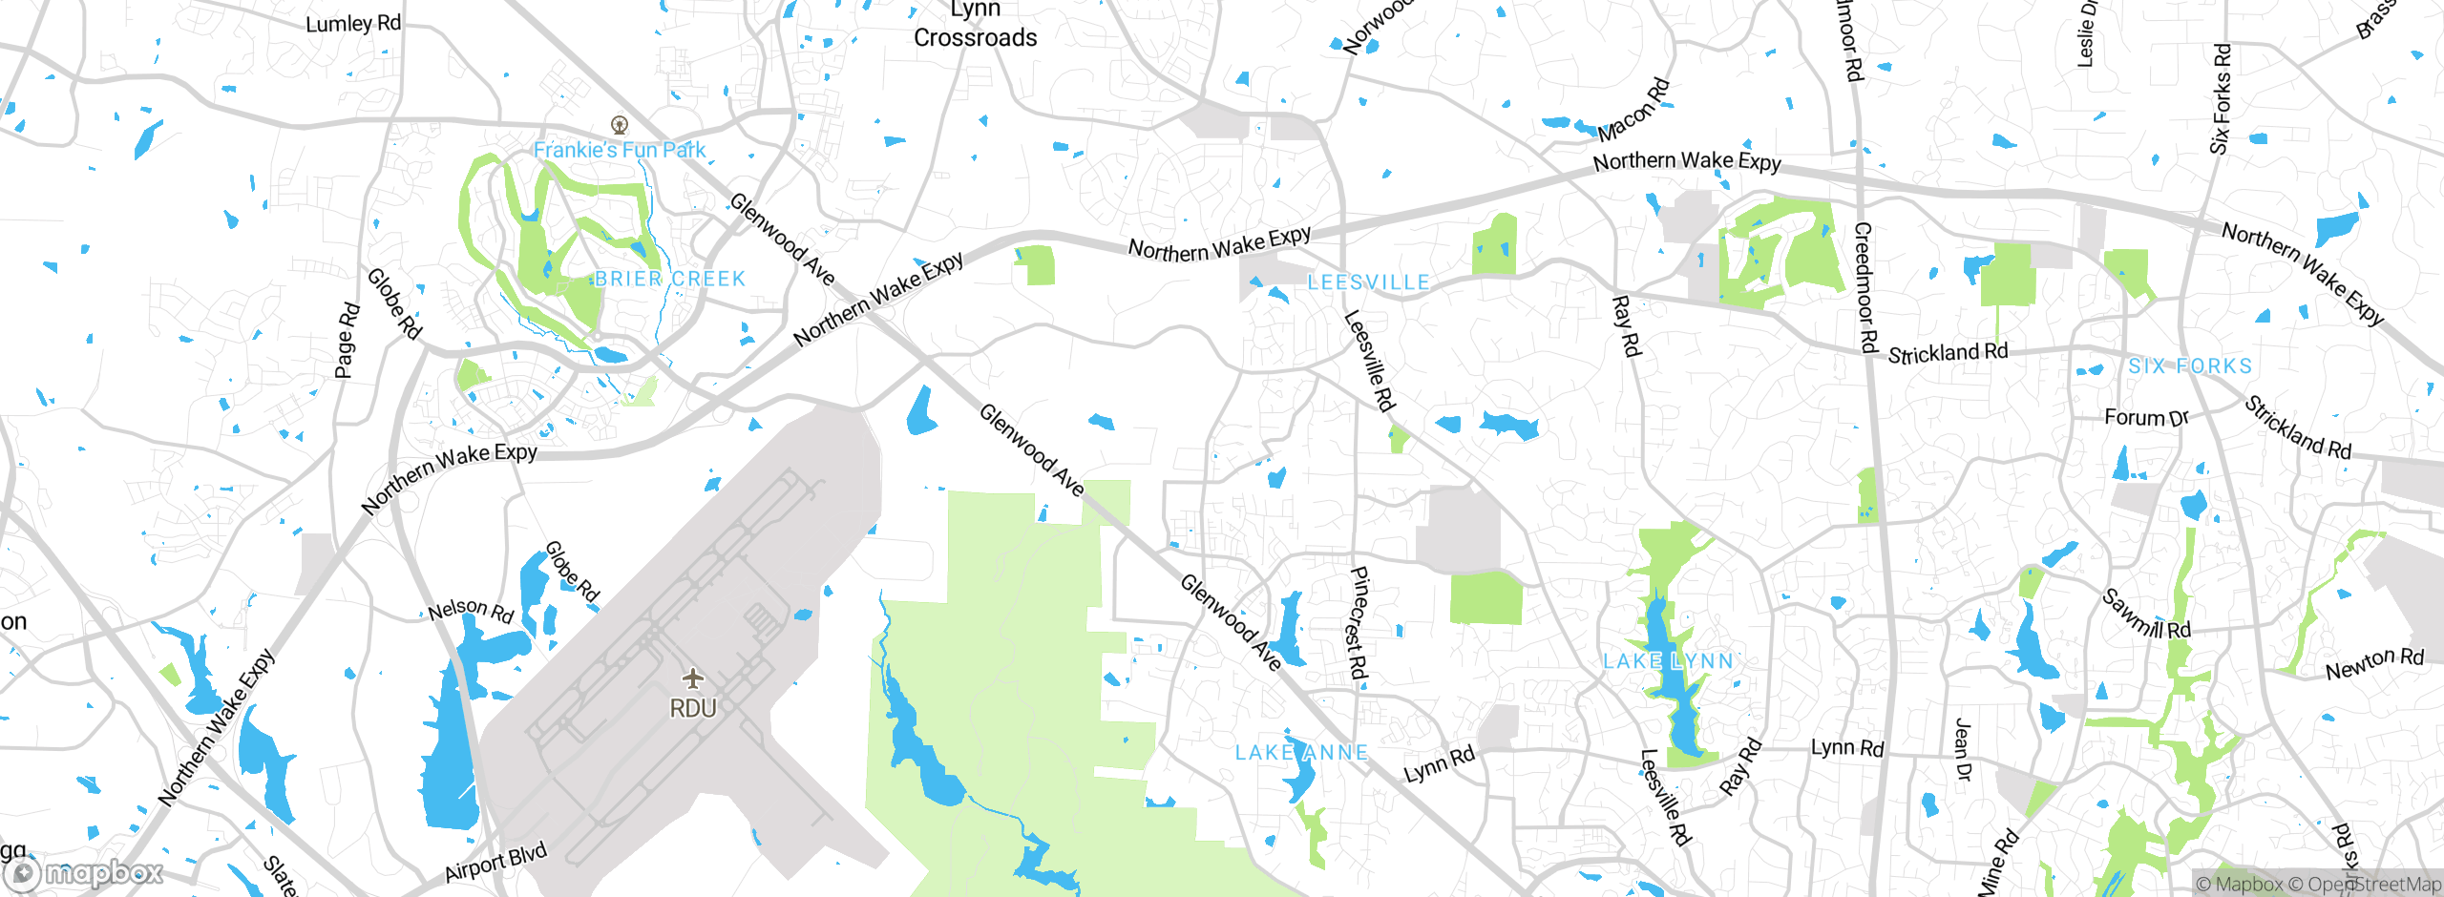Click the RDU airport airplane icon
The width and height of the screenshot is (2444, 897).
pyautogui.click(x=693, y=678)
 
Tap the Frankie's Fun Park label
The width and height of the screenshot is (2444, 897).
pyautogui.click(x=619, y=150)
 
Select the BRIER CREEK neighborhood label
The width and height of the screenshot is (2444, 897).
pyautogui.click(x=669, y=279)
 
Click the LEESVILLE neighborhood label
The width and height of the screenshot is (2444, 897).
pyautogui.click(x=1368, y=282)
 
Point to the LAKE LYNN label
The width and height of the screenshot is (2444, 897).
pyautogui.click(x=1668, y=660)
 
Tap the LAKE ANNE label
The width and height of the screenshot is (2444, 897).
pyautogui.click(x=1301, y=752)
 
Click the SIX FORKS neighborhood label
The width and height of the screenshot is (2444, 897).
pyautogui.click(x=2190, y=365)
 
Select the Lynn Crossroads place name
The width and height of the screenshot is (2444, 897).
pyautogui.click(x=975, y=25)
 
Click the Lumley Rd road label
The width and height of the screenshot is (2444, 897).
pyautogui.click(x=353, y=23)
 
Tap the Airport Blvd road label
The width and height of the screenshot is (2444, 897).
pyautogui.click(x=495, y=862)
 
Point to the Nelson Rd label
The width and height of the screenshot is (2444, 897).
pyautogui.click(x=471, y=610)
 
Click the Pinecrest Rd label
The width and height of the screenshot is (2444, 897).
pyautogui.click(x=1359, y=622)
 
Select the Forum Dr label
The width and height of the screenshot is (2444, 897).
pyautogui.click(x=2146, y=417)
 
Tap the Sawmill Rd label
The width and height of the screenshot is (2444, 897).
pyautogui.click(x=2146, y=615)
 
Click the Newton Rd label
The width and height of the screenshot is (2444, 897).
pyautogui.click(x=2374, y=662)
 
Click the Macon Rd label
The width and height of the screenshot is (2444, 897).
pyautogui.click(x=1633, y=110)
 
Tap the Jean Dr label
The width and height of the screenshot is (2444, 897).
pyautogui.click(x=1962, y=750)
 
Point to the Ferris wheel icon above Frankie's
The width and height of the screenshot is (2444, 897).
pyautogui.click(x=620, y=124)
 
